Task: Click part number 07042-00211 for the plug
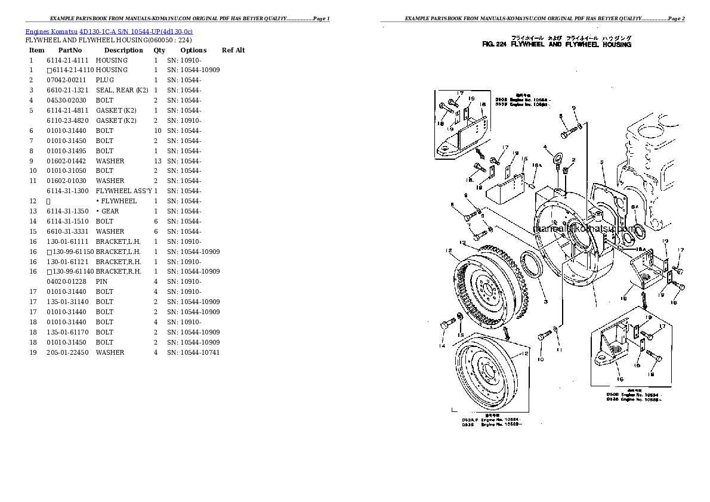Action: [66, 80]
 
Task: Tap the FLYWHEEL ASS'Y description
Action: [124, 191]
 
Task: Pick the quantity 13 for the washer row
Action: [158, 161]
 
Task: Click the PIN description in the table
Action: [101, 281]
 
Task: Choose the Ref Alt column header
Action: [233, 50]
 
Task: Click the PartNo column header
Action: [70, 50]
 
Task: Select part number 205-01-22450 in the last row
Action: [67, 352]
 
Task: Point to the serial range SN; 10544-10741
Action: [193, 352]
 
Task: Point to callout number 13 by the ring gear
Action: [462, 242]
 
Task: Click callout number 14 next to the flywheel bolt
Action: [442, 346]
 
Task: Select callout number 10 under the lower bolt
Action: [541, 360]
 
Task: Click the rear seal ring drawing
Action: [529, 265]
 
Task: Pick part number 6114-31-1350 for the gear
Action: [67, 211]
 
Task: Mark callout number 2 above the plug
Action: [573, 160]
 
